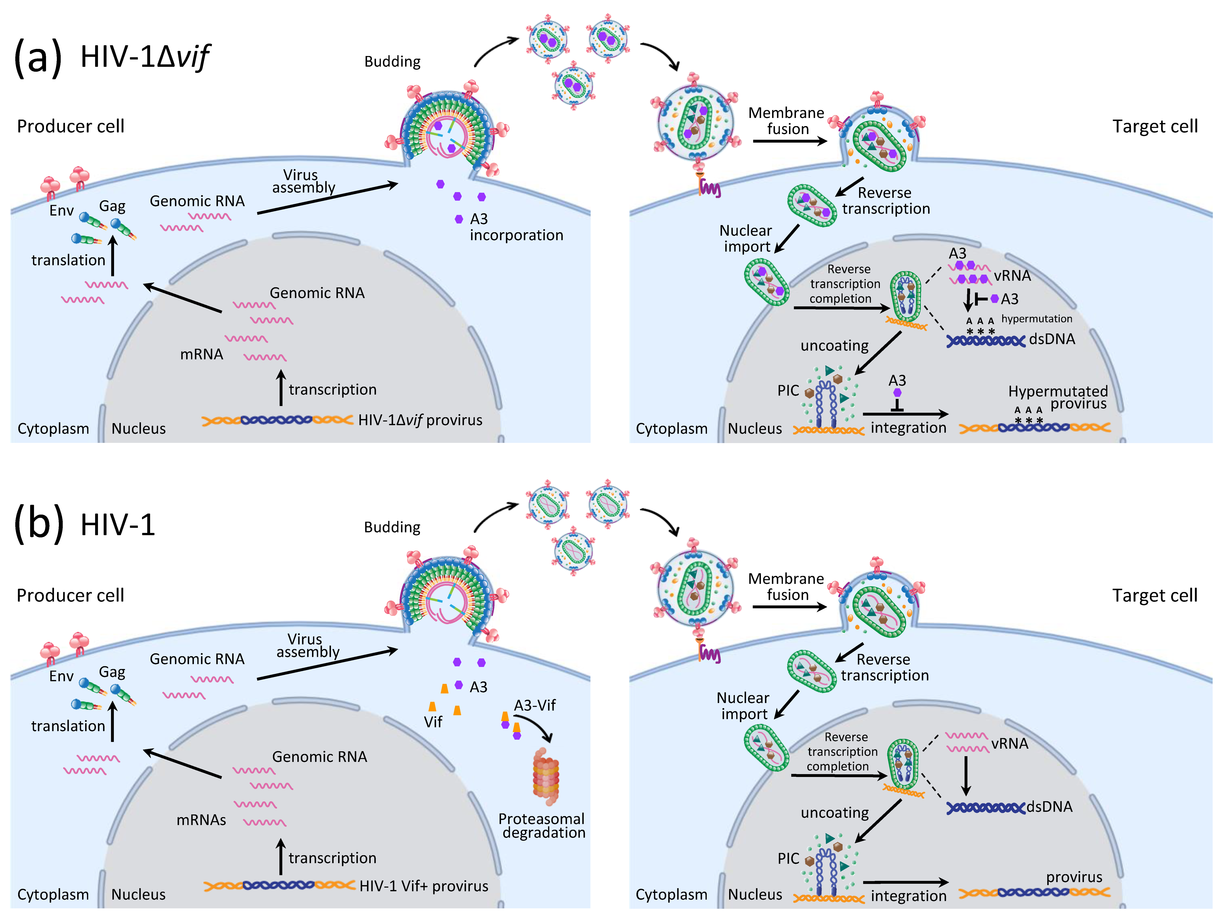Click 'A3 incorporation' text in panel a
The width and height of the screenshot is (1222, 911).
tap(516, 227)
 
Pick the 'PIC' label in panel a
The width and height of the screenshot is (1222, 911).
tap(788, 391)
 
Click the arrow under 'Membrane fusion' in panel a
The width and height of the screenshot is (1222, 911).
tap(789, 141)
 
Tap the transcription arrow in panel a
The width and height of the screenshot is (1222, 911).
tap(281, 388)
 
